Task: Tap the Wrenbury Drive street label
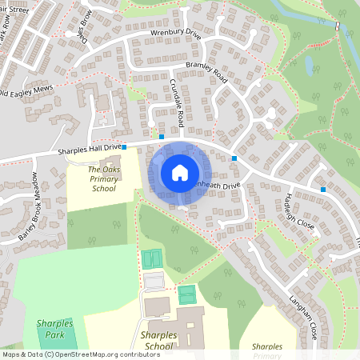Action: (175, 35)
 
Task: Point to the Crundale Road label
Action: (178, 102)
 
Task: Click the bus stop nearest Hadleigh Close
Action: (323, 190)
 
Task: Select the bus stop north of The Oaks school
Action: (124, 147)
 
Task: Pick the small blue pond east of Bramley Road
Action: (309, 64)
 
